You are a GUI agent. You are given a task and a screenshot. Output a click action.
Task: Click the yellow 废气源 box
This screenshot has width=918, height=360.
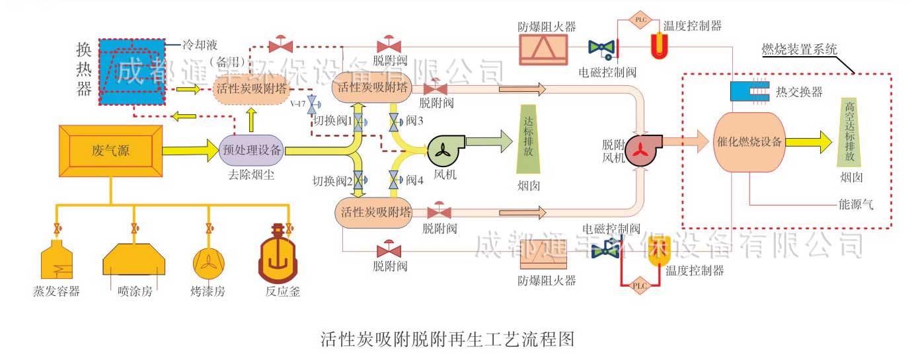point(110,151)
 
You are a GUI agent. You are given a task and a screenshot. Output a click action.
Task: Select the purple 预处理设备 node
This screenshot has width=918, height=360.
point(252,150)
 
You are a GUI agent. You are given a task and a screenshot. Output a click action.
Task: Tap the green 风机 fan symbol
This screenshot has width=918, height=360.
point(443,151)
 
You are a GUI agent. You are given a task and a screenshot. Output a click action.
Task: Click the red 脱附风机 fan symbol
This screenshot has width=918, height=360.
point(640,149)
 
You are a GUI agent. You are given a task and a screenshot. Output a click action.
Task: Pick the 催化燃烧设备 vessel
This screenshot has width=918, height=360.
point(749,141)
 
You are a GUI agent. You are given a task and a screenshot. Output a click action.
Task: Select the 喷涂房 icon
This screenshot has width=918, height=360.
point(134,258)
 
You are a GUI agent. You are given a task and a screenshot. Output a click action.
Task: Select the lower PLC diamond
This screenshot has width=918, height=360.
point(640,285)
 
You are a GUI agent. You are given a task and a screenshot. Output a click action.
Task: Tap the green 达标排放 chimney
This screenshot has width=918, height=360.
point(529,139)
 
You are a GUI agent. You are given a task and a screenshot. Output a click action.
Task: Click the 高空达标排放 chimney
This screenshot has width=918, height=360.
point(850,133)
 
